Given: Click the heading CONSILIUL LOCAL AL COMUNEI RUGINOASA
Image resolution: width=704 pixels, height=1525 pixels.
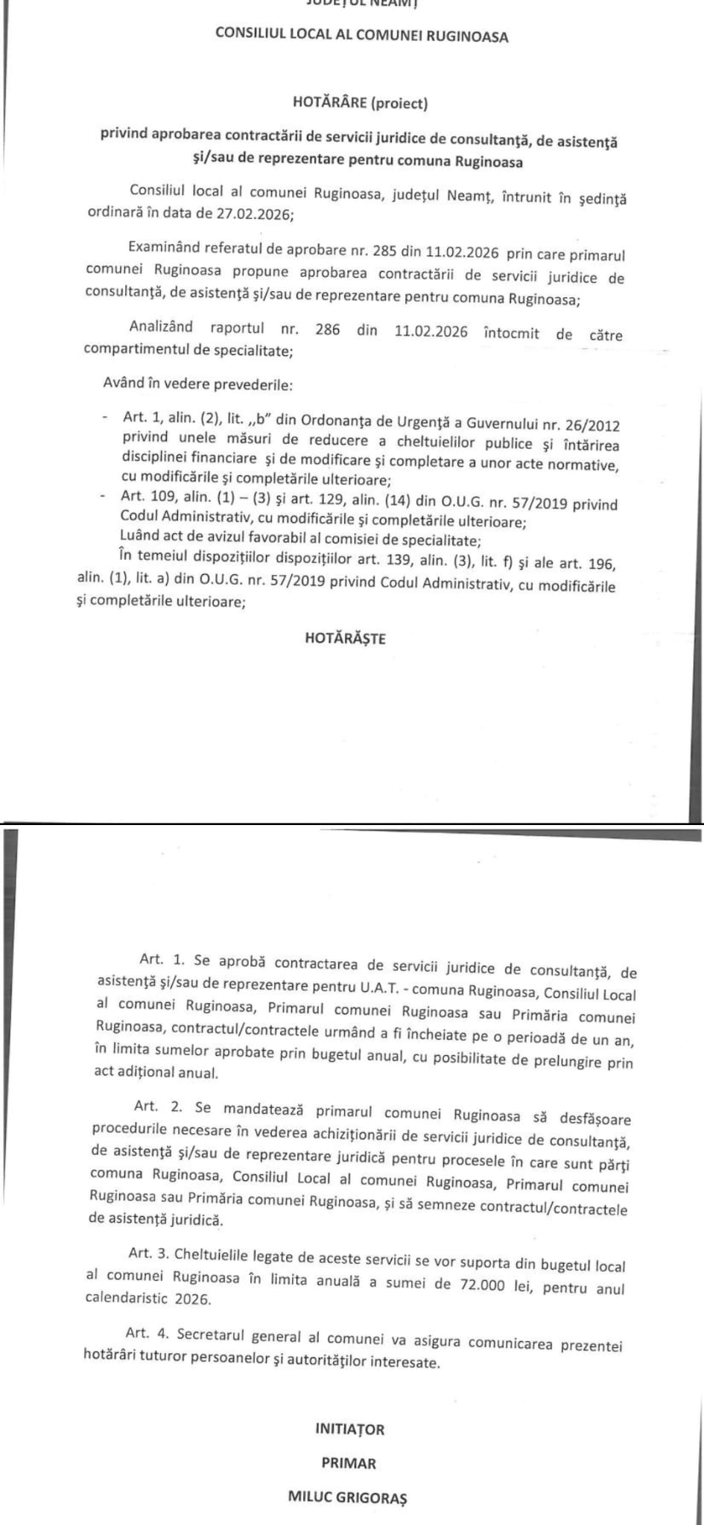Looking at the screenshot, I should (x=361, y=34).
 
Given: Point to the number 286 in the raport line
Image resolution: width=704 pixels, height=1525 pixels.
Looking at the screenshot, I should (x=327, y=330).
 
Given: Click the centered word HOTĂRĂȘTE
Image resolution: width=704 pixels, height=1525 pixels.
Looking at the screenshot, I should (x=345, y=638).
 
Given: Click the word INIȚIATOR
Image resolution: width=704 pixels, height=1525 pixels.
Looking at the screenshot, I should (x=349, y=1429).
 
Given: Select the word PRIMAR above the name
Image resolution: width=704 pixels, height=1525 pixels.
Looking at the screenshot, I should (x=349, y=1462).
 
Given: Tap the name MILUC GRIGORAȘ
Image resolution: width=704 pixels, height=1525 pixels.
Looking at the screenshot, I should (x=347, y=1497).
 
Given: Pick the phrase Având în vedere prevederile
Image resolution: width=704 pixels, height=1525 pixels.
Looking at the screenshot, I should (x=197, y=386).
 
